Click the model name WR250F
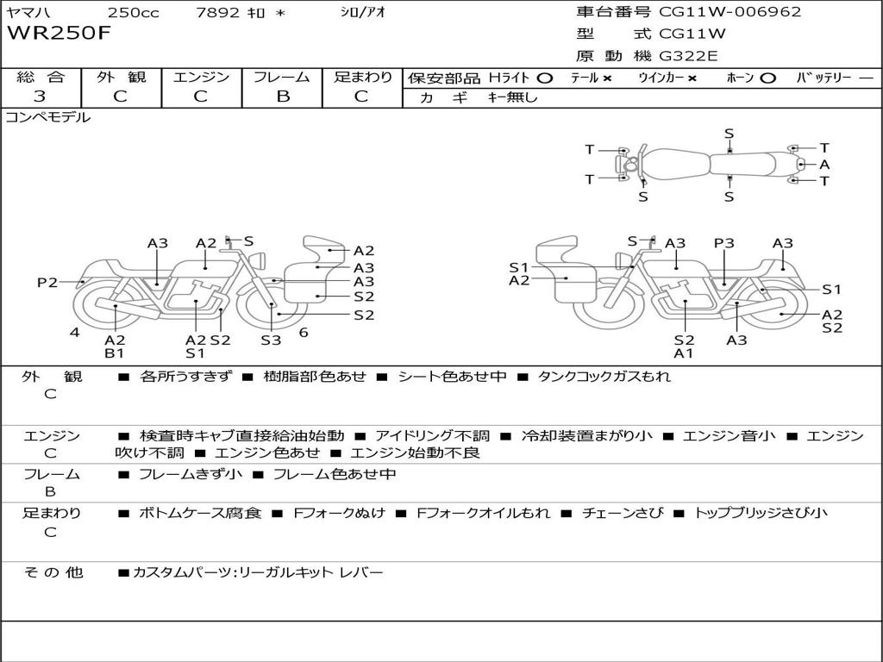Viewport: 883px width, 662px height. tap(59, 34)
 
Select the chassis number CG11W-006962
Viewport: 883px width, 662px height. tap(730, 11)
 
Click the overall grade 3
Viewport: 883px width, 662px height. tap(40, 97)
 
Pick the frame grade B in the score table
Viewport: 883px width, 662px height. tap(283, 97)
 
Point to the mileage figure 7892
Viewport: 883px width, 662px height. tap(218, 12)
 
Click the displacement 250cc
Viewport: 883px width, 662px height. tap(134, 12)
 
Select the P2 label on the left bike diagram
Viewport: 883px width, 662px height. tap(47, 282)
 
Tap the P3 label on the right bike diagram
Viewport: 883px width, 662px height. tap(724, 243)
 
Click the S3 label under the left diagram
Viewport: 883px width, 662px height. tap(271, 340)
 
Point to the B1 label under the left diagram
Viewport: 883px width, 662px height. tap(115, 353)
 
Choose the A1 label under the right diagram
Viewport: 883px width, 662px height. tap(684, 353)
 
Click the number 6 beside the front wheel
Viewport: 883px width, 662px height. tap(304, 333)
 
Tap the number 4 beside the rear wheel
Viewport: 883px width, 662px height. tap(75, 333)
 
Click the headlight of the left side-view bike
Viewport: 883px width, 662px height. tap(260, 261)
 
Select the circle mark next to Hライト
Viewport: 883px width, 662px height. tap(545, 78)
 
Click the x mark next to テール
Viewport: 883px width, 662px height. tap(606, 78)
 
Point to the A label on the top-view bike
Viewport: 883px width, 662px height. tap(825, 165)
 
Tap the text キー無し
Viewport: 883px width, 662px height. tap(512, 97)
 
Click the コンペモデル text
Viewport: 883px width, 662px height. tap(48, 117)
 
